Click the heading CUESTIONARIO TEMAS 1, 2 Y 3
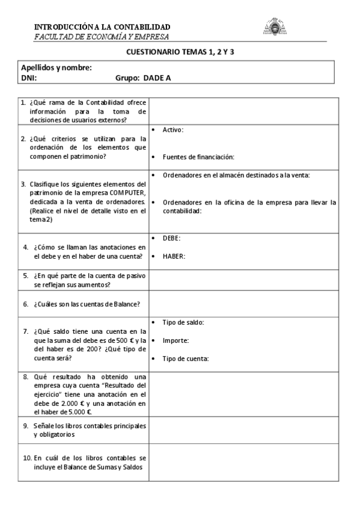180,53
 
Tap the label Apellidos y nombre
56,68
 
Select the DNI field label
29,78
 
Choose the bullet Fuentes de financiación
198,157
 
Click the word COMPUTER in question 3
127,192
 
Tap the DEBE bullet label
171,238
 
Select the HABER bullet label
174,256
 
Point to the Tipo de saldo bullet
183,322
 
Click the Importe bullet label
175,340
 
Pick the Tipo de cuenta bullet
185,358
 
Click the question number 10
27,458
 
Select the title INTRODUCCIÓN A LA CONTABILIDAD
102,27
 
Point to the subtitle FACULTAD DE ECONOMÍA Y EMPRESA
93,37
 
